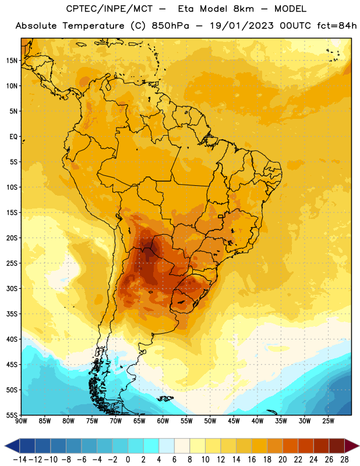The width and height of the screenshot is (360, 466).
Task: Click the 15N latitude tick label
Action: (12, 61)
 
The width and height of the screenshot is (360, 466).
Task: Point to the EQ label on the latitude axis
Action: (13, 137)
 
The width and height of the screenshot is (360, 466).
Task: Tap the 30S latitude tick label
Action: (12, 288)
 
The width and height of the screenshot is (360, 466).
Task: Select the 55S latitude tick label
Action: (12, 415)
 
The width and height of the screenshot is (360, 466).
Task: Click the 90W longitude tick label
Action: (21, 421)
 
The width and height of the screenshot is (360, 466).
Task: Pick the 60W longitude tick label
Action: (163, 421)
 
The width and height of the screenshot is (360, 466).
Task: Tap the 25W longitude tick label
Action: (328, 421)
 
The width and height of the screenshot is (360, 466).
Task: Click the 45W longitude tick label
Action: (234, 421)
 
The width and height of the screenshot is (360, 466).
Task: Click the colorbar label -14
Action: (20, 460)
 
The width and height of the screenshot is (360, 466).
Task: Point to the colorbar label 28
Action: (344, 460)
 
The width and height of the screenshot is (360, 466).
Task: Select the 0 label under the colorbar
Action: (128, 460)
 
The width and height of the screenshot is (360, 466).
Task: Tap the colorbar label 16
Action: (252, 460)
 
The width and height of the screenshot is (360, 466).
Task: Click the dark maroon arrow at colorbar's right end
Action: (351, 446)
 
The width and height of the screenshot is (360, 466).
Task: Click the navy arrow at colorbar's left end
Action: (12, 446)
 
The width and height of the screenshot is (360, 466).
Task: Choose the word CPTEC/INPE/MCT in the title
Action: (109, 9)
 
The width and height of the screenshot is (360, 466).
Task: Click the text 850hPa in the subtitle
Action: (170, 26)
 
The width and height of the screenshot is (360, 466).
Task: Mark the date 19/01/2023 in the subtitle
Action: (242, 26)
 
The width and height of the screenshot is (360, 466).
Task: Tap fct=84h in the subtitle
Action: (337, 26)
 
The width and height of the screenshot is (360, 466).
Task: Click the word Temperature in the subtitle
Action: (93, 26)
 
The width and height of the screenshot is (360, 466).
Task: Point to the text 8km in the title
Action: (243, 9)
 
